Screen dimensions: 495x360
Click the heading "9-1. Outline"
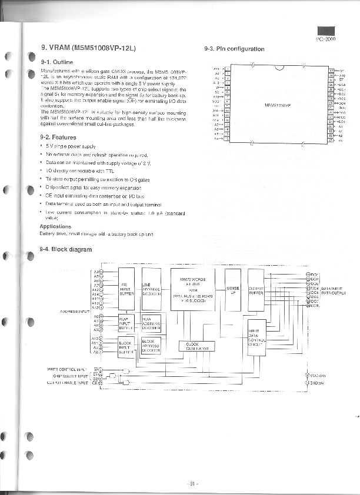coord(56,61)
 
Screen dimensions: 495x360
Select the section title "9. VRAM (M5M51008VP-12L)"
coord(88,48)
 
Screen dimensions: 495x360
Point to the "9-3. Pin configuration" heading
coord(234,49)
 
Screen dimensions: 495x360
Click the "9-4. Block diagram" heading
coord(65,249)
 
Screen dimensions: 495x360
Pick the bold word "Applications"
coord(55,226)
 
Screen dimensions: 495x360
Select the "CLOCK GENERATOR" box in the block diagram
coord(196,346)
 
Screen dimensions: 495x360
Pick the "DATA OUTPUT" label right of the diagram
coord(334,292)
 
